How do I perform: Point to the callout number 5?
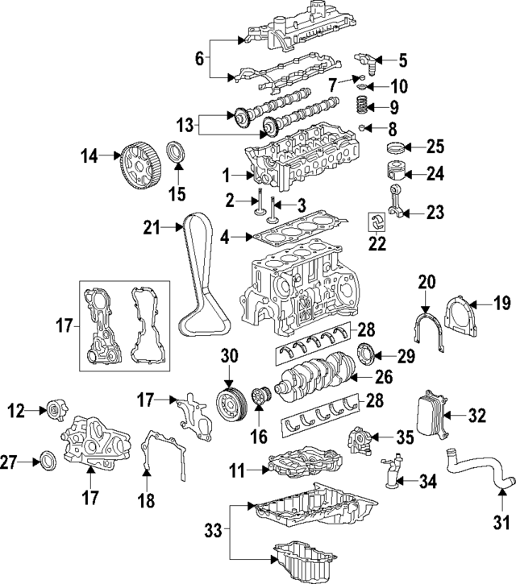(x=402, y=59)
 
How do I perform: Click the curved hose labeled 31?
(x=476, y=475)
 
